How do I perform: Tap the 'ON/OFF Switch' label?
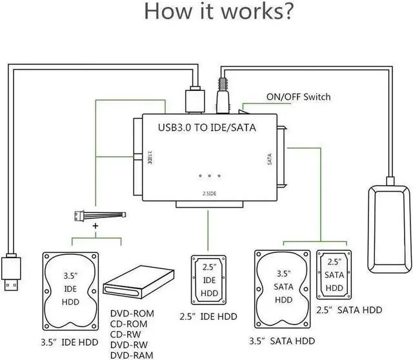click(298, 97)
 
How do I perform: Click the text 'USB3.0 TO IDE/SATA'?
click(206, 127)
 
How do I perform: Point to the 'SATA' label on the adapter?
click(269, 159)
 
